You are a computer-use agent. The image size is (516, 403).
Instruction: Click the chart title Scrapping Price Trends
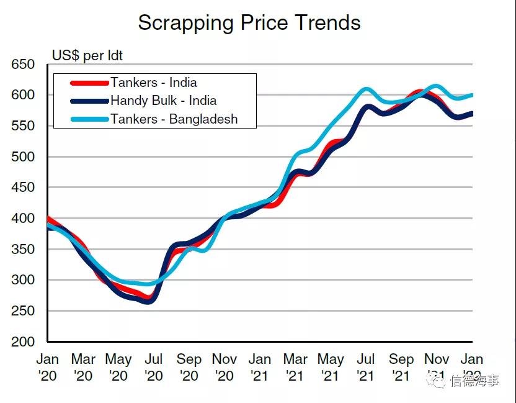pyautogui.click(x=249, y=23)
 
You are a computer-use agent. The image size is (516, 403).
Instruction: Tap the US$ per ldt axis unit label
pyautogui.click(x=87, y=56)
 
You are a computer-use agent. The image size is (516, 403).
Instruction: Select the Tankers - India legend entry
pyautogui.click(x=153, y=83)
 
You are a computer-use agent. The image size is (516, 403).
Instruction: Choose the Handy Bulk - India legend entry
pyautogui.click(x=163, y=101)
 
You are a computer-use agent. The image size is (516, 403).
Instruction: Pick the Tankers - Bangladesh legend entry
pyautogui.click(x=174, y=119)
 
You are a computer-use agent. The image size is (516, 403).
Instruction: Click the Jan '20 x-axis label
pyautogui.click(x=48, y=367)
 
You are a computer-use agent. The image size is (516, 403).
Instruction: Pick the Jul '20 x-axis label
pyautogui.click(x=153, y=367)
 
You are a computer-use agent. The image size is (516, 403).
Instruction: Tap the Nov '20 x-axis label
pyautogui.click(x=224, y=367)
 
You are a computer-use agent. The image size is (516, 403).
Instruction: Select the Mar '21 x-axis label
pyautogui.click(x=295, y=367)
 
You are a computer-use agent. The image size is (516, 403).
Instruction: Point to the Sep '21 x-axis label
pyautogui.click(x=401, y=367)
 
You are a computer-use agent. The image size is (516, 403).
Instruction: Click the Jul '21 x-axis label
pyautogui.click(x=366, y=367)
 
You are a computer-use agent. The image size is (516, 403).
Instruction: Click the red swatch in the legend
pyautogui.click(x=89, y=83)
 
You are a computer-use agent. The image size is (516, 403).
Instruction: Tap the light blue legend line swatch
pyautogui.click(x=89, y=119)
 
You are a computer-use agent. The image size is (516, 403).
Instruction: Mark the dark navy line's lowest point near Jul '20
pyautogui.click(x=150, y=302)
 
